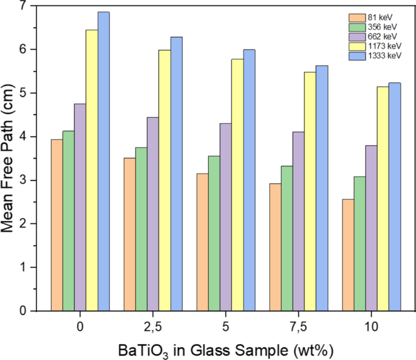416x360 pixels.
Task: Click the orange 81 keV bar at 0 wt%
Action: (56, 225)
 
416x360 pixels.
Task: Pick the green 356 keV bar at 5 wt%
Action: (214, 233)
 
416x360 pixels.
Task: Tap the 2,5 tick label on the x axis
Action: (153, 327)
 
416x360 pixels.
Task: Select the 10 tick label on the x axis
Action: (371, 327)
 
